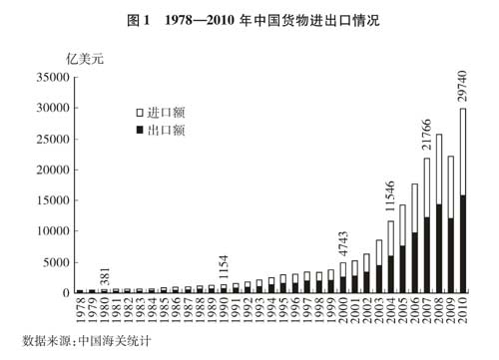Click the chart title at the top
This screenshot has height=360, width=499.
(249, 18)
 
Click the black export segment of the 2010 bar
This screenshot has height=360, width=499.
(462, 244)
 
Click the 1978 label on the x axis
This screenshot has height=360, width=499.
(81, 309)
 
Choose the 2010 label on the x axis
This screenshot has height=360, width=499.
(463, 309)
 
